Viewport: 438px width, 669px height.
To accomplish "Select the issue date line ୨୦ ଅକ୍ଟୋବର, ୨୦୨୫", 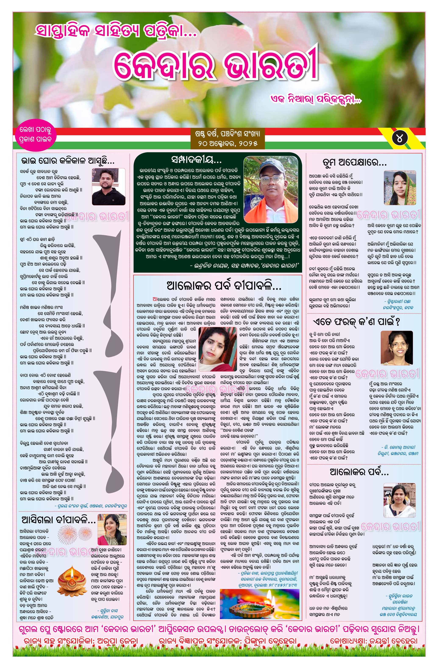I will pyautogui.click(x=228, y=144).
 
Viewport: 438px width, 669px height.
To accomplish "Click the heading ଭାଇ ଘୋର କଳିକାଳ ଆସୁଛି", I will pyautogui.click(x=68, y=161).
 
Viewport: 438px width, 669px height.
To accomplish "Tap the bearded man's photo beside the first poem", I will pyautogui.click(x=108, y=186).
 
